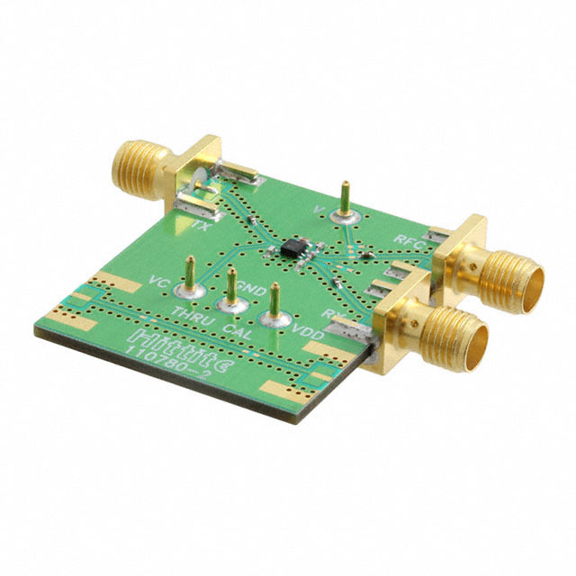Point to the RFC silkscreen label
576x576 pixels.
[x=409, y=239]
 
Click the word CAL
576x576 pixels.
[x=236, y=331]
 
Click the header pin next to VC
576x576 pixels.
[x=190, y=275]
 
